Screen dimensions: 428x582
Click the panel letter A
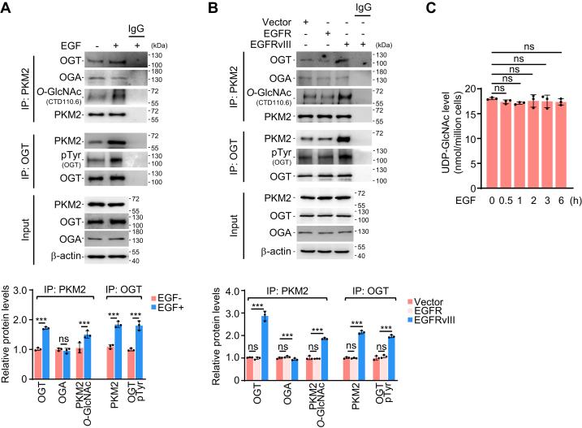7,8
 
